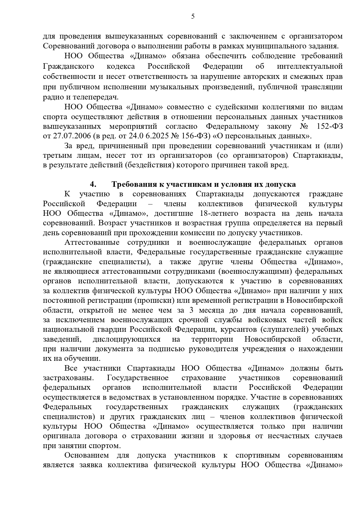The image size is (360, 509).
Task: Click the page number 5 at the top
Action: tap(193, 17)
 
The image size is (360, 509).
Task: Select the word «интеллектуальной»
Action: tap(310, 66)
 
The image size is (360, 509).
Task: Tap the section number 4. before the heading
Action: tap(93, 184)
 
